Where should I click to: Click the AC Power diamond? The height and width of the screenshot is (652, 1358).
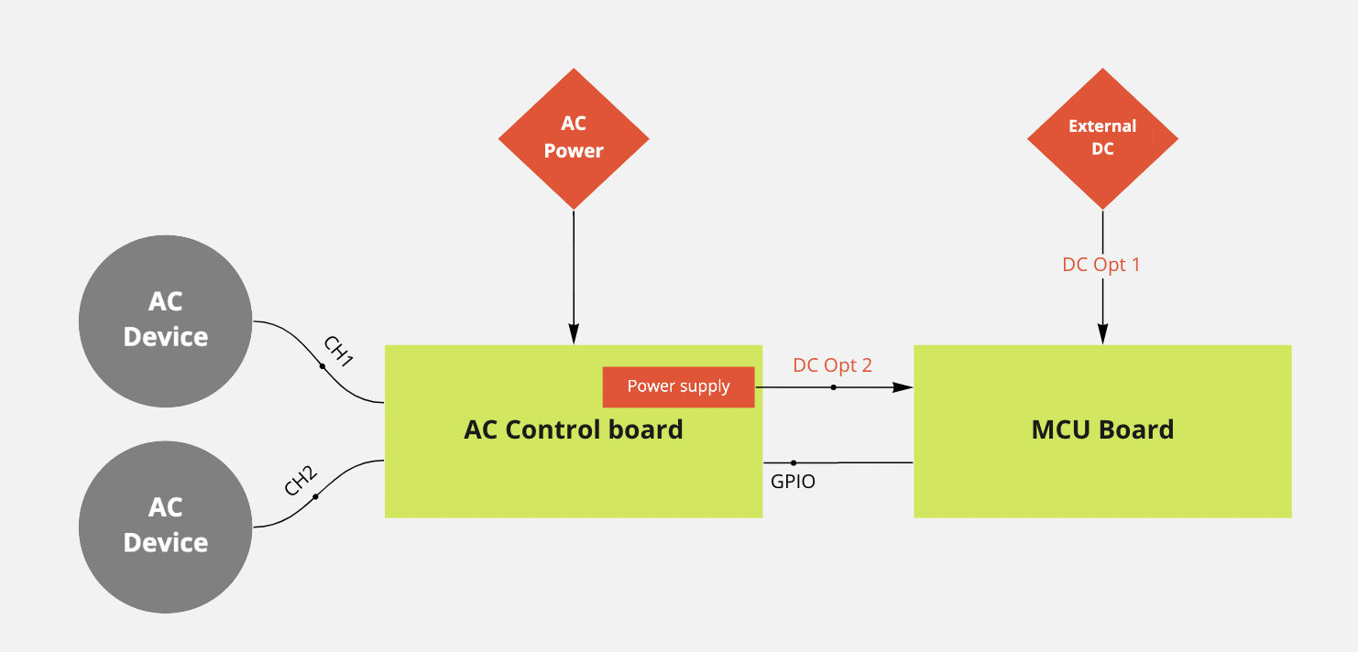pyautogui.click(x=574, y=138)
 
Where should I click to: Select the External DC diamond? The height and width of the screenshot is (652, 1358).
pyautogui.click(x=1102, y=138)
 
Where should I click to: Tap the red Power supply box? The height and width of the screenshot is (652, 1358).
pyautogui.click(x=678, y=386)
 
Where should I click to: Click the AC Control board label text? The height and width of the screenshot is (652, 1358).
pyautogui.click(x=574, y=429)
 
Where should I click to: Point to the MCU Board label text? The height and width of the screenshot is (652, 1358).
pyautogui.click(x=1102, y=429)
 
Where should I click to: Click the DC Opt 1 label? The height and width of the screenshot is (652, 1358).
pyautogui.click(x=1101, y=265)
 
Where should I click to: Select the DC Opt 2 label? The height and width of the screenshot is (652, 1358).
pyautogui.click(x=832, y=365)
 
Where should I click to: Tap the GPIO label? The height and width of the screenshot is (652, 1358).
pyautogui.click(x=793, y=481)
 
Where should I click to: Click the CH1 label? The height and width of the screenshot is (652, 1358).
pyautogui.click(x=339, y=351)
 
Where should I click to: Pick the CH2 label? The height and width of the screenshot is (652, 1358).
pyautogui.click(x=300, y=480)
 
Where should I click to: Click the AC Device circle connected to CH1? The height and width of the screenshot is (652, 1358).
pyautogui.click(x=166, y=320)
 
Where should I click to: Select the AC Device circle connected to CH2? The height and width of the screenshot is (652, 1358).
pyautogui.click(x=166, y=526)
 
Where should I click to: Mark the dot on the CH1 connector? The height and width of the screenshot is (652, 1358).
pyautogui.click(x=322, y=366)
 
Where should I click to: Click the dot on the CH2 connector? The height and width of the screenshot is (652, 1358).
pyautogui.click(x=315, y=497)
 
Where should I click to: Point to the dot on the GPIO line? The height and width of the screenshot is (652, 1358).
pyautogui.click(x=794, y=462)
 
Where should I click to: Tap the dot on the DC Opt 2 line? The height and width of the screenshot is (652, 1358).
pyautogui.click(x=833, y=387)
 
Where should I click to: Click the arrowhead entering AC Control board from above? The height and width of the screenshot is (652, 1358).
pyautogui.click(x=574, y=334)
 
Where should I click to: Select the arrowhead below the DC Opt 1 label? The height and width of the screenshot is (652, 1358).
pyautogui.click(x=1102, y=334)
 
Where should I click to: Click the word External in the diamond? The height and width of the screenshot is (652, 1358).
pyautogui.click(x=1102, y=126)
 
